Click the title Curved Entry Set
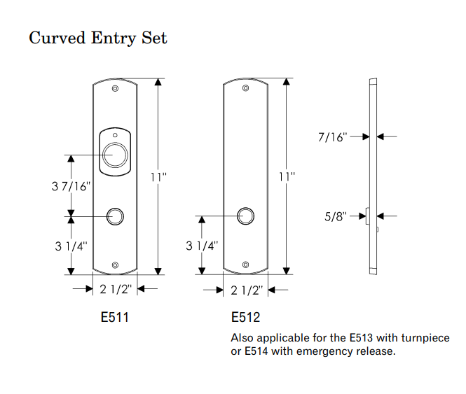point(97,37)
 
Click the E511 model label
point(115,318)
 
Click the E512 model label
point(245,318)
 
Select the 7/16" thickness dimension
point(332,137)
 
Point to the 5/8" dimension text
point(337,217)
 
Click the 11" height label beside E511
point(159,177)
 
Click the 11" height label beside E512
point(287,177)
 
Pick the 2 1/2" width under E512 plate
point(245,290)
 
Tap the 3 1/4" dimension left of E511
point(71,246)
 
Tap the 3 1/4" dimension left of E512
point(202,246)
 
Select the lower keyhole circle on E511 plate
point(114,216)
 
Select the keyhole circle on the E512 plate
point(245,216)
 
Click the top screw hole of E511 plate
point(115,89)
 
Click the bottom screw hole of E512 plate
point(245,265)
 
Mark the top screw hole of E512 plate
point(245,88)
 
